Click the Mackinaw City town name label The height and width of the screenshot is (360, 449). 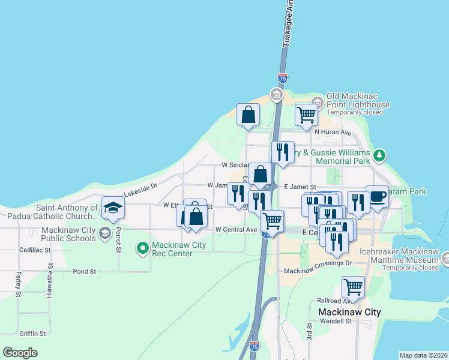point(349,312)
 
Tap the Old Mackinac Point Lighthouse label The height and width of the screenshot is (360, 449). point(358,100)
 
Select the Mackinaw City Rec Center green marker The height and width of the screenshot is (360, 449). point(143,247)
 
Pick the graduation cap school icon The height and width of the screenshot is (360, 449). point(113,208)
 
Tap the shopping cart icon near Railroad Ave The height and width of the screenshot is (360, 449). point(353,287)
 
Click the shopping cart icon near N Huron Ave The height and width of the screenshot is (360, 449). point(306,115)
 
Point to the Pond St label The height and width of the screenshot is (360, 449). point(85,271)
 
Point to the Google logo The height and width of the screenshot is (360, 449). point(20,353)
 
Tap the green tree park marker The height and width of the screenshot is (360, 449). point(379,157)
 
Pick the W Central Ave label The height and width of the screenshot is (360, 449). point(236,230)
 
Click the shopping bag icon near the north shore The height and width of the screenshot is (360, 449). point(248,115)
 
